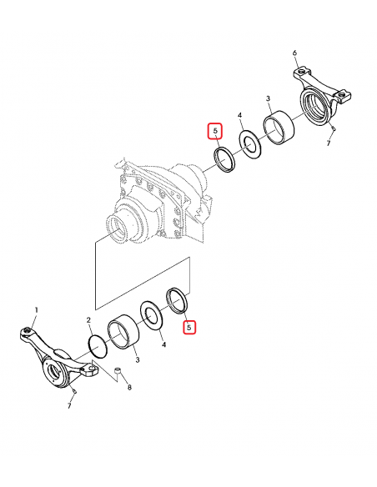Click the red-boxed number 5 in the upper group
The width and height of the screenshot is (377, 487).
(215, 132)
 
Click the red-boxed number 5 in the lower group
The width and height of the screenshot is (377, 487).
(189, 328)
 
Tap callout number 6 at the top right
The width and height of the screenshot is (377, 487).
(294, 53)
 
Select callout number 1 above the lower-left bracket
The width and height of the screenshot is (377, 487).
(36, 310)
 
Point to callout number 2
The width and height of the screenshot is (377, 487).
(89, 321)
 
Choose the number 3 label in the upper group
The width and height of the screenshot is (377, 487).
(268, 99)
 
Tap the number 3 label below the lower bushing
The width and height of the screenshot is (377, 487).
(138, 359)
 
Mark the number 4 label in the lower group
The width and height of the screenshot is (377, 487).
(163, 344)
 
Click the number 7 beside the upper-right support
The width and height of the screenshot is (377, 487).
(329, 143)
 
